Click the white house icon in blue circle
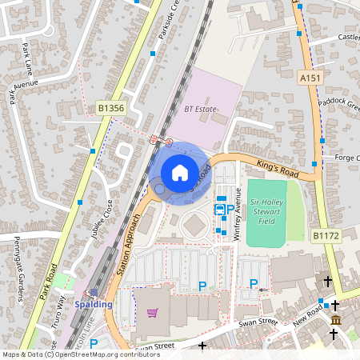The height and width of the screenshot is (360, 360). coord(180,172)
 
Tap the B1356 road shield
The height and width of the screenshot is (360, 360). coord(111,106)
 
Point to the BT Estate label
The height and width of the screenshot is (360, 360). coord(201,108)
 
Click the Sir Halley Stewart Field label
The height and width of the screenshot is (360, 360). coord(266,211)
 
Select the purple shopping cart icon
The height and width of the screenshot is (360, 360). coord(153,313)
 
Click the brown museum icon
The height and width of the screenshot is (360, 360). coord(335,320)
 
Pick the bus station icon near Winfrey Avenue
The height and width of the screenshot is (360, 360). coord(219,208)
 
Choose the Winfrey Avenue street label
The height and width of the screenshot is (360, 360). coord(237,214)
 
